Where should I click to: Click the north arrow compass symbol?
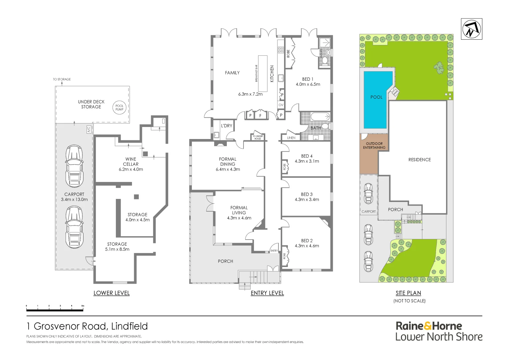471,29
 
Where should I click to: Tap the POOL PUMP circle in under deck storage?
119,108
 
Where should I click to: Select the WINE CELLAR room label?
131,162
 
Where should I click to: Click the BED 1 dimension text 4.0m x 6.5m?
308,84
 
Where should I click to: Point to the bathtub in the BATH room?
320,117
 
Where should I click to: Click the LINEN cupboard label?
291,138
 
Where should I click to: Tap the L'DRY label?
227,126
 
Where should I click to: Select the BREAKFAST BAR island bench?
262,73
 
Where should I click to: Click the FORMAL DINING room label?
228,162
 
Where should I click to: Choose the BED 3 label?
307,194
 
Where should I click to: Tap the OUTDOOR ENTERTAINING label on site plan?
374,146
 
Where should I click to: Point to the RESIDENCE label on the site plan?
419,160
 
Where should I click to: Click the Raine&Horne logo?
429,326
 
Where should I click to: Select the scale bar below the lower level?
55,310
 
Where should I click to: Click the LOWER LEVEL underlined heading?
112,293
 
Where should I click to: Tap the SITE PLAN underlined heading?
408,293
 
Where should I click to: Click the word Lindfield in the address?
129,326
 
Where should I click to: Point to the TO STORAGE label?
62,79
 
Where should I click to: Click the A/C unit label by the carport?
89,129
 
